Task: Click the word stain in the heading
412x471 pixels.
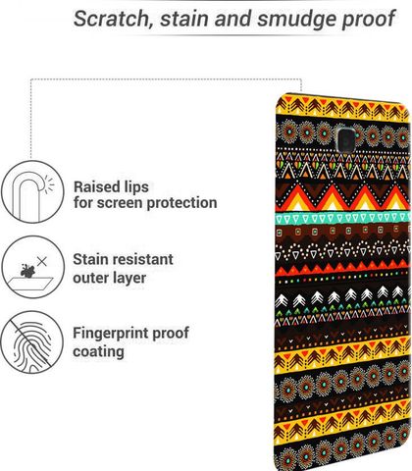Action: pos(184,19)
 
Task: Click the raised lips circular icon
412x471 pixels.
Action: pos(32,192)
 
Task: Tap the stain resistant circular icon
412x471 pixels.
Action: pos(32,267)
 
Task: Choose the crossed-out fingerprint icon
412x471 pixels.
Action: pos(31,341)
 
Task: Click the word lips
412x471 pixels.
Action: pos(136,187)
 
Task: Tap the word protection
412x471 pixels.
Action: pos(181,203)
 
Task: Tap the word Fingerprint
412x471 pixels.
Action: pos(111,334)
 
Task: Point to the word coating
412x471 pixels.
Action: pos(98,352)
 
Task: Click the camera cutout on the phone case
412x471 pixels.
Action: pos(344,137)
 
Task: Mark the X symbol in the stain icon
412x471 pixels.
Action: pos(41,261)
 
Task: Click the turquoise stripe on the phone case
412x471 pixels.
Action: pos(342,218)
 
